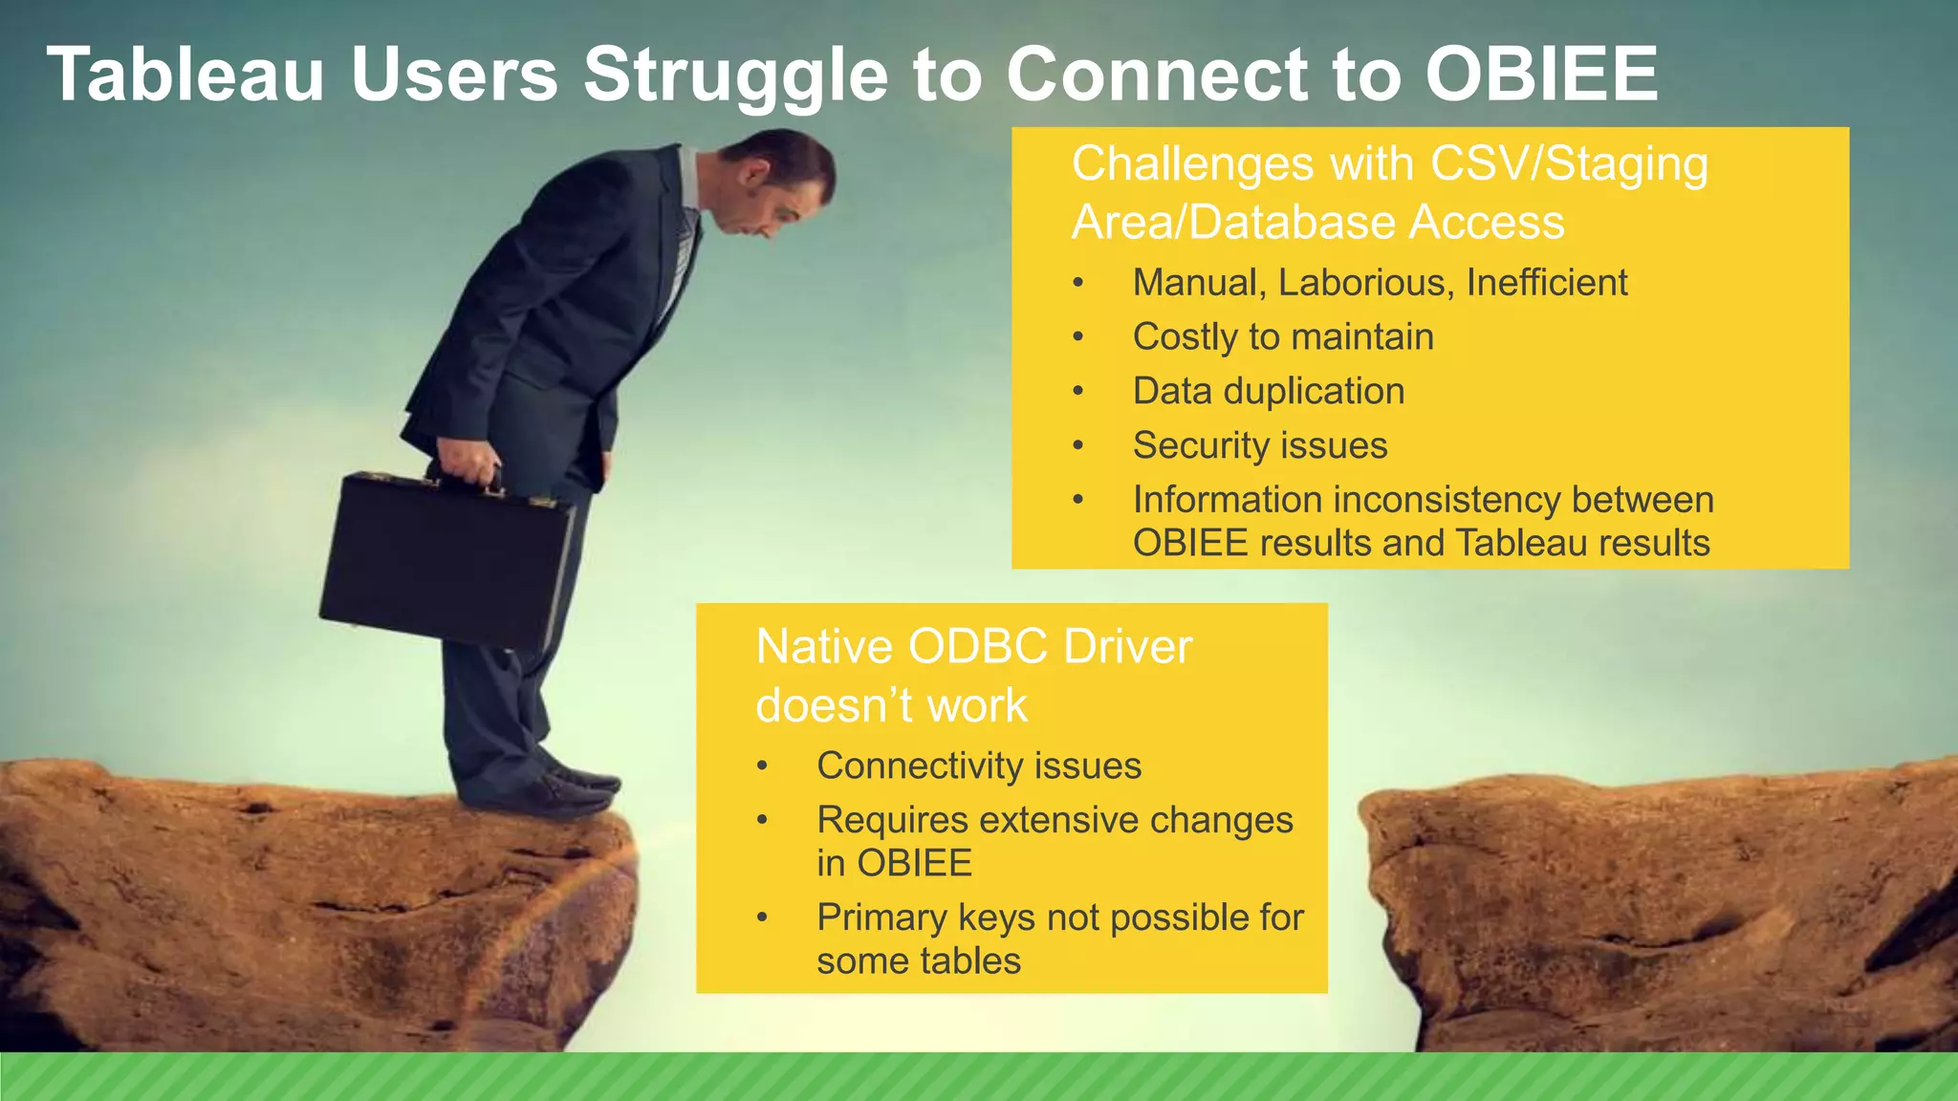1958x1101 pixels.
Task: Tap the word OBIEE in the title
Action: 1541,75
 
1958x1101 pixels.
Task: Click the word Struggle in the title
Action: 736,76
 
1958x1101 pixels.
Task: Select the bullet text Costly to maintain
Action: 1283,337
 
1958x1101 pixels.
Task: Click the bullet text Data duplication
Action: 1269,392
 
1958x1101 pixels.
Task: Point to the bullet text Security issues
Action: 1260,446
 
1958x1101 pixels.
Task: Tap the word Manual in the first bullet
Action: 1194,284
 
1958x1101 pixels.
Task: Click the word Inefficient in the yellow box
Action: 1546,283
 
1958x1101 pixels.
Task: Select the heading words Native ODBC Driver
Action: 973,647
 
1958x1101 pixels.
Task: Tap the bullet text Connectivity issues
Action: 979,766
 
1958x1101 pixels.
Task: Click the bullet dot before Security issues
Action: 1078,446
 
